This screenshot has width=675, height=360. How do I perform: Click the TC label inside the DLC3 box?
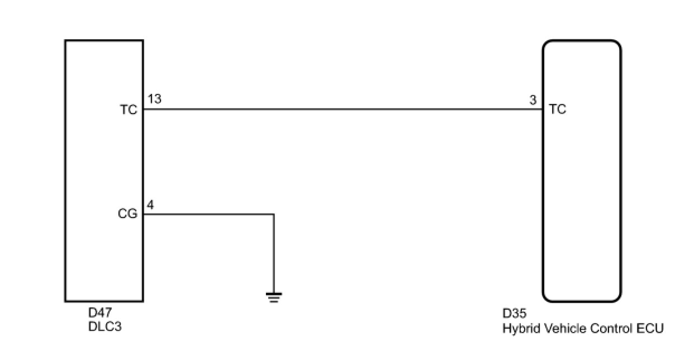(129, 110)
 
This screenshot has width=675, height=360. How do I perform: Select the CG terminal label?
(128, 214)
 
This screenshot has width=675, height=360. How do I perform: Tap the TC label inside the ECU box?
(558, 110)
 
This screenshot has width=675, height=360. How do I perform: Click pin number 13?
(155, 100)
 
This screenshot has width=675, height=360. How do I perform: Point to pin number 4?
(150, 205)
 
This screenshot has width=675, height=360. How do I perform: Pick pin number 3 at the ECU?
(533, 100)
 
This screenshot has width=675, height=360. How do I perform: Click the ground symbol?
(274, 296)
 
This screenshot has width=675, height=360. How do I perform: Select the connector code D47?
(100, 313)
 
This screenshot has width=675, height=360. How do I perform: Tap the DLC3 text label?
(104, 327)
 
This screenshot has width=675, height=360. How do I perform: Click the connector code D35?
(514, 314)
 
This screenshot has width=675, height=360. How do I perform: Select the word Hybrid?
(519, 329)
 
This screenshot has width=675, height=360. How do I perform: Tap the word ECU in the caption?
(650, 328)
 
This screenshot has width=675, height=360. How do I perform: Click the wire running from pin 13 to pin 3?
(341, 110)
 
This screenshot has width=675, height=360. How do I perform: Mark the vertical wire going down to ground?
(274, 252)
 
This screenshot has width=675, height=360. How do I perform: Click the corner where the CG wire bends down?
(274, 214)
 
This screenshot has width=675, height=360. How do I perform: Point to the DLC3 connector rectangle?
(104, 168)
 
